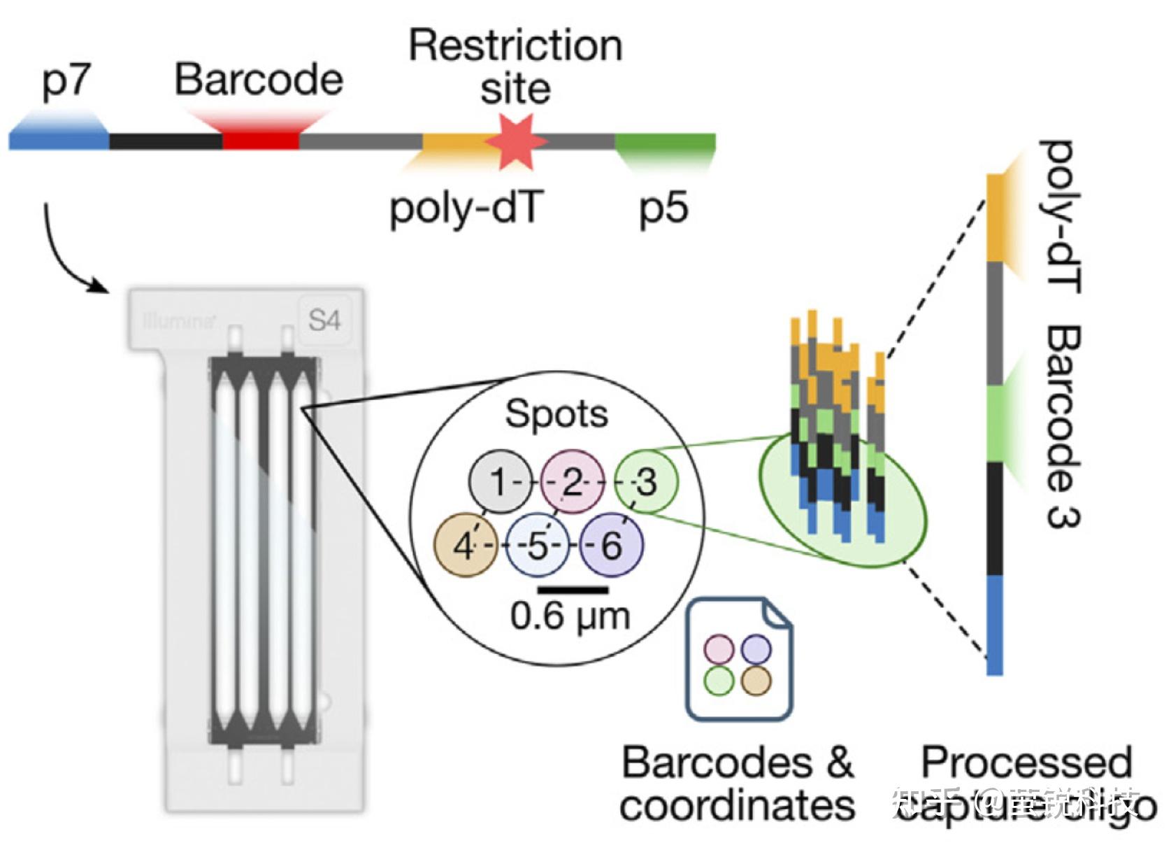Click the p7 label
tap(66, 81)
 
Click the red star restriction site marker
tap(516, 142)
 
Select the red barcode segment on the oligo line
tap(261, 141)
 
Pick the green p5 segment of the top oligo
tap(665, 142)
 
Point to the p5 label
tap(663, 208)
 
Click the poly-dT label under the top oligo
tap(466, 208)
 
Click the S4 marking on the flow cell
tap(324, 320)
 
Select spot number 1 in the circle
tap(499, 481)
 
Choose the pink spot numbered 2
tap(573, 481)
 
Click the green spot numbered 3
tap(646, 481)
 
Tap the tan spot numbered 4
tap(465, 545)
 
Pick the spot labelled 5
tap(538, 545)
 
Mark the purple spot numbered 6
tap(611, 545)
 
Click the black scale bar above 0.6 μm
tap(573, 589)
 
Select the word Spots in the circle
tap(556, 413)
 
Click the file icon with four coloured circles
tap(738, 659)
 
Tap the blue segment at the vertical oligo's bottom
tap(994, 625)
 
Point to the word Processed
tap(1026, 763)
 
